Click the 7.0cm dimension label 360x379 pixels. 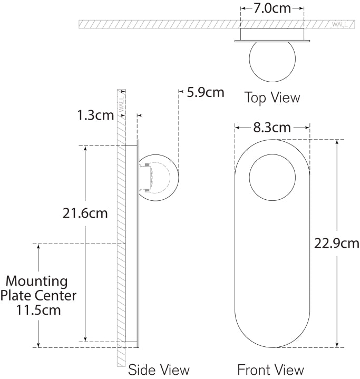pyautogui.click(x=272, y=8)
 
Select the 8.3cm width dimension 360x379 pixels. pyautogui.click(x=271, y=128)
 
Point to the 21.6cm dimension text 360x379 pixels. pyautogui.click(x=85, y=213)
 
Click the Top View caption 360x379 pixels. pyautogui.click(x=272, y=98)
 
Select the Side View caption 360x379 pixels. pyautogui.click(x=159, y=370)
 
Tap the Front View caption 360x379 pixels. pyautogui.click(x=270, y=370)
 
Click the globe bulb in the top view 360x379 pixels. pyautogui.click(x=272, y=61)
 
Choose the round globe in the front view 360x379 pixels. pyautogui.click(x=271, y=178)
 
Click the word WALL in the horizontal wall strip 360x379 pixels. pyautogui.click(x=339, y=24)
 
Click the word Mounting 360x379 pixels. pyautogui.click(x=36, y=281)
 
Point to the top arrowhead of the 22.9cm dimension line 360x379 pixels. pyautogui.click(x=337, y=142)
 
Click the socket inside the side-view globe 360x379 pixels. pyautogui.click(x=145, y=177)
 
